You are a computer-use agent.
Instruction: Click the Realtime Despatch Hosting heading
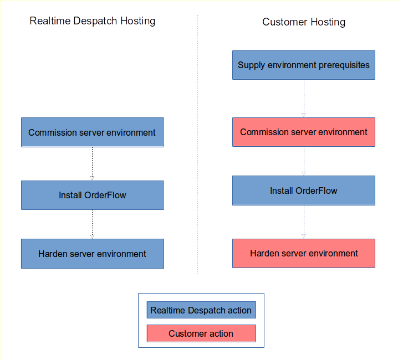(x=92, y=21)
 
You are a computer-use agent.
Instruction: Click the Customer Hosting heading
(x=304, y=22)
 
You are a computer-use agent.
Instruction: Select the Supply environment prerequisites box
(x=304, y=65)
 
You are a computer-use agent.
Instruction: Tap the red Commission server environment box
(x=304, y=132)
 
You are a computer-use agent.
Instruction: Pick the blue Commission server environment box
(x=92, y=132)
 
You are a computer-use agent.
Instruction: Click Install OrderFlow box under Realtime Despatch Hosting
(x=92, y=195)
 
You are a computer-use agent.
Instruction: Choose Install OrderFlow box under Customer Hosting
(x=304, y=191)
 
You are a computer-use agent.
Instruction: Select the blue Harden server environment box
(x=92, y=254)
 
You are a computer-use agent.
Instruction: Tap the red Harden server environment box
(x=304, y=254)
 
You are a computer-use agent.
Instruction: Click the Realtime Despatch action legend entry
(x=201, y=310)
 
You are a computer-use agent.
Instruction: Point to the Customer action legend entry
(x=201, y=333)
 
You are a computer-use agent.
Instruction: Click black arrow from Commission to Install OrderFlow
(x=92, y=164)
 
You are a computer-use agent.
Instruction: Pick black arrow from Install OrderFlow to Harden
(x=92, y=224)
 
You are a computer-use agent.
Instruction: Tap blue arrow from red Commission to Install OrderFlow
(x=304, y=161)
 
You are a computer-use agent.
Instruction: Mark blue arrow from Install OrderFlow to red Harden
(x=304, y=222)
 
